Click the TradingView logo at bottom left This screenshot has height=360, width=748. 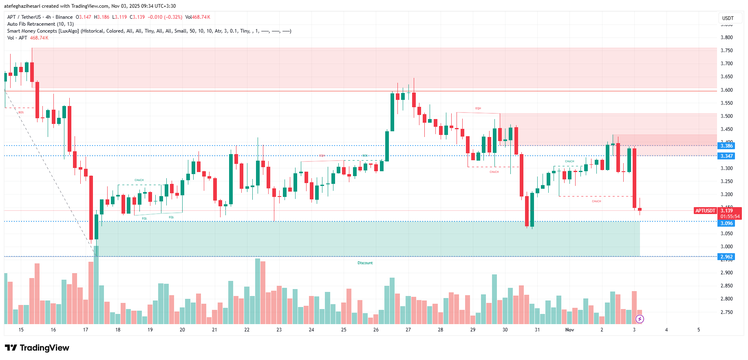37,348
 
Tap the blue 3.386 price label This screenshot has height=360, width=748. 726,146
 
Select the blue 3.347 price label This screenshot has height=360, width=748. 726,156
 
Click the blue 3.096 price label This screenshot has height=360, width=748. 726,223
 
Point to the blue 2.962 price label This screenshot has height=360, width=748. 726,257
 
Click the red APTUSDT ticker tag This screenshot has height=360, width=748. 705,211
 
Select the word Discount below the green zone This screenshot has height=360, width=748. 365,263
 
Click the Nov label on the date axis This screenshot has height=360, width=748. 569,330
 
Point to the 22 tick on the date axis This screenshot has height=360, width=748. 247,330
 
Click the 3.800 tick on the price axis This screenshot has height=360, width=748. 726,38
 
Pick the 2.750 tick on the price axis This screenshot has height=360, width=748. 726,312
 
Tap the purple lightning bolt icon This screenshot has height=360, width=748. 640,319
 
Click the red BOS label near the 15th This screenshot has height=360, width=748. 21,113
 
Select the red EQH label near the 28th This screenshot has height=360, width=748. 478,108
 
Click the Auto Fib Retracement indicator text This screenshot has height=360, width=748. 40,24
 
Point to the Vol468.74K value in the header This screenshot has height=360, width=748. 198,17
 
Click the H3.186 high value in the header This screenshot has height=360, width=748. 101,17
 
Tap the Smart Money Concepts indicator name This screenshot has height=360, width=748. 43,31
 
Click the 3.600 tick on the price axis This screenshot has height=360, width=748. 726,90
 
